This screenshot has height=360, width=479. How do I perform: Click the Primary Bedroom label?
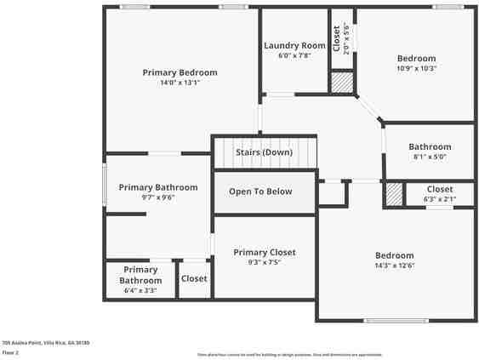180,72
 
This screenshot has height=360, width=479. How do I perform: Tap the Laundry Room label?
294,45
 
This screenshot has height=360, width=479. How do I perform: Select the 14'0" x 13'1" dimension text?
180,83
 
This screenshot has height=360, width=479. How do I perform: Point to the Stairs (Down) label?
265,152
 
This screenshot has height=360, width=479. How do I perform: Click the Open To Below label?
260,191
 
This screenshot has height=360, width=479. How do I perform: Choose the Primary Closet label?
265,252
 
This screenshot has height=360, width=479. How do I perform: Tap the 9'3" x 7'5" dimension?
265,263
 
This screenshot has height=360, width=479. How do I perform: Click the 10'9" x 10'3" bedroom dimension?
416,69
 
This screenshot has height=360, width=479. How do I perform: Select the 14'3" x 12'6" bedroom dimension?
395,266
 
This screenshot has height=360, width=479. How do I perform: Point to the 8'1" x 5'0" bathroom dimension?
430,157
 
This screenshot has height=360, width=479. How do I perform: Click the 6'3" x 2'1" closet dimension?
440,199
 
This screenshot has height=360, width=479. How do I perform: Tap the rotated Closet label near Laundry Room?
337,38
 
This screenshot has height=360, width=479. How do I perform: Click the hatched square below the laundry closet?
341,82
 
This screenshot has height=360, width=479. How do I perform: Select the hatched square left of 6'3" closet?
394,194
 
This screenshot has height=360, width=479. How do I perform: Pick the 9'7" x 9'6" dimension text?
157,197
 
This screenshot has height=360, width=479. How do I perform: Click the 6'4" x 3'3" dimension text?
140,291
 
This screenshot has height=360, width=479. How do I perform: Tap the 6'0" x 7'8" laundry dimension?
294,56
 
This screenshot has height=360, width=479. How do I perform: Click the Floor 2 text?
10,351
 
